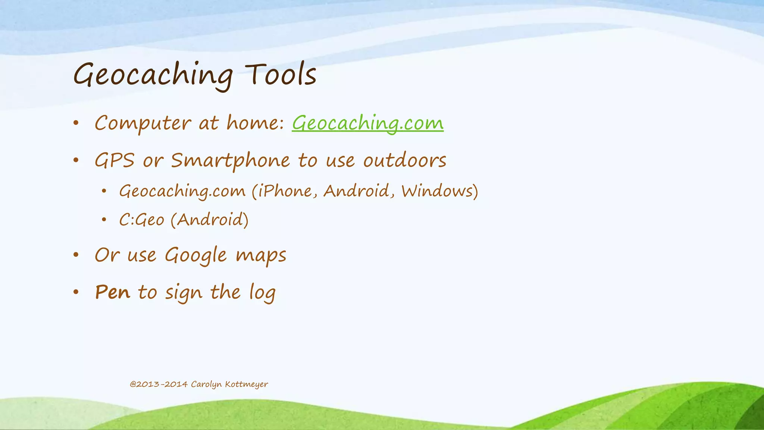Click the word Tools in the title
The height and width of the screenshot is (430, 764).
(281, 75)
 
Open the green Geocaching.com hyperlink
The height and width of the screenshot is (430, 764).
(367, 123)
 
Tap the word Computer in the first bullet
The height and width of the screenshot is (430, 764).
(143, 123)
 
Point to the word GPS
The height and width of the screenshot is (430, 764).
(114, 161)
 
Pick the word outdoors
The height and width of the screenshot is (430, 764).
(405, 161)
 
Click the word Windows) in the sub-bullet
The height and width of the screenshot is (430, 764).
(439, 191)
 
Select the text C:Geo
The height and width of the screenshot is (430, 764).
(142, 219)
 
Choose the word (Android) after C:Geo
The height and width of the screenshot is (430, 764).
(210, 219)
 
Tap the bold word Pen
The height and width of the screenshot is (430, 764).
(113, 292)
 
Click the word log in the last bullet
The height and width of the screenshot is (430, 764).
(263, 293)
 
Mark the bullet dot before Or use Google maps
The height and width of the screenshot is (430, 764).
(76, 255)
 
